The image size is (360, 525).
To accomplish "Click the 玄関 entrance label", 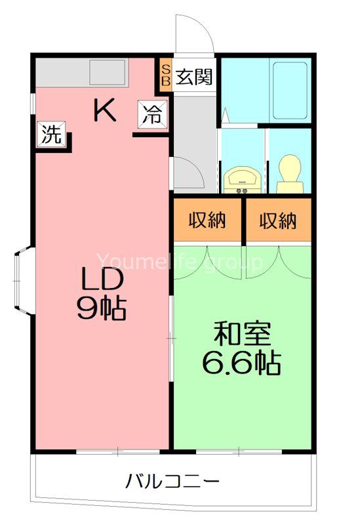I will click(194, 77).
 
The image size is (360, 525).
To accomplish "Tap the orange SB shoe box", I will click(165, 76).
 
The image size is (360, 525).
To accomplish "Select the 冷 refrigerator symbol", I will click(152, 115).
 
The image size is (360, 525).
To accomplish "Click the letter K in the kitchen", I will click(104, 110).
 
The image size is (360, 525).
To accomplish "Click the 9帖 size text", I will click(102, 308).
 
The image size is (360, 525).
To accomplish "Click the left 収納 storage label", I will click(208, 220).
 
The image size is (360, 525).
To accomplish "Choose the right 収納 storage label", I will click(277, 220).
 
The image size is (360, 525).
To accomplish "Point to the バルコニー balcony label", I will click(172, 483).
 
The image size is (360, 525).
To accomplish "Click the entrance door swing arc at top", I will click(195, 33).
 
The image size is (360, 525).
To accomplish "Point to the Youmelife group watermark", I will click(180, 262).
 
